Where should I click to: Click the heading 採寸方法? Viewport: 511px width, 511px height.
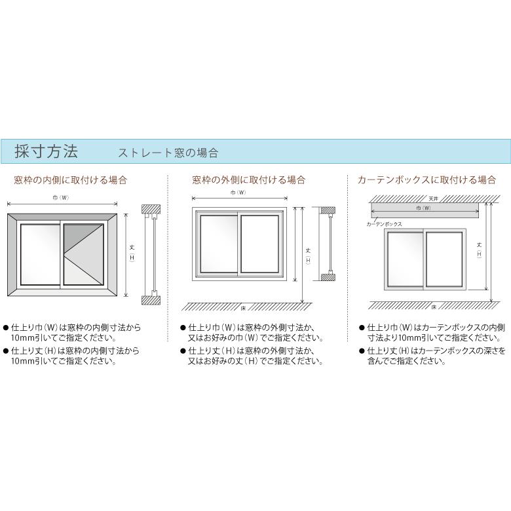[x=46, y=152]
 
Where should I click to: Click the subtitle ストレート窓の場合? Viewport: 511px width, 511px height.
[x=168, y=153]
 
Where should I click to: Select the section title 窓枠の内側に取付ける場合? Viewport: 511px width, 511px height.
[x=71, y=180]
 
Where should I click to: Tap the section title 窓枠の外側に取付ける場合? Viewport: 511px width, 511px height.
[x=249, y=180]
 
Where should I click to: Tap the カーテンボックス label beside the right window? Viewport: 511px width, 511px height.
[x=385, y=224]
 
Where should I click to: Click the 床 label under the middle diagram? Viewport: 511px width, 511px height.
[x=243, y=306]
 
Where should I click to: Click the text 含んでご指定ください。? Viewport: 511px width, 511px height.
[x=406, y=361]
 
